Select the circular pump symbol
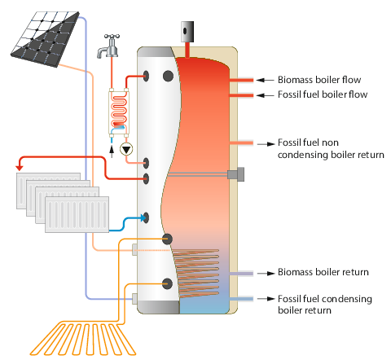(127, 149)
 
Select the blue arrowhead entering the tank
(142, 217)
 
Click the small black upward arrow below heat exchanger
(112, 149)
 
